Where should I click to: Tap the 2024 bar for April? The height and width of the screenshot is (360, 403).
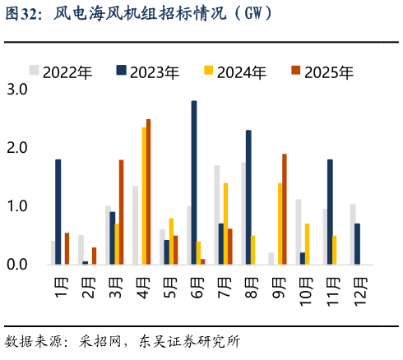144,196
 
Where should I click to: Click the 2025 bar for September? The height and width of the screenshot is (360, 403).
284,209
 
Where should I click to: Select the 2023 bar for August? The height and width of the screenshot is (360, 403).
248,197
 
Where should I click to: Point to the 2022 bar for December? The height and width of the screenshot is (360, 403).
353,234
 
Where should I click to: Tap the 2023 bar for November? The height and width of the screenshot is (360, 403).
330,211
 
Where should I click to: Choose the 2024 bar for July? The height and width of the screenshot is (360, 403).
225,223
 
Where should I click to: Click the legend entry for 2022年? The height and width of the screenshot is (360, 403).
61,72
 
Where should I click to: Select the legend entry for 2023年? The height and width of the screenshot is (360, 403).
148,72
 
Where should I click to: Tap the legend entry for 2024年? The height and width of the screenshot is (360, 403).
235,72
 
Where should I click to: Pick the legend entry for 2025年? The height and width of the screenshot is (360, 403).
322,72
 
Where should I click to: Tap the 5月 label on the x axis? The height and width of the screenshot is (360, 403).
167,288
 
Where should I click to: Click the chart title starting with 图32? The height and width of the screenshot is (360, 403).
140,14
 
